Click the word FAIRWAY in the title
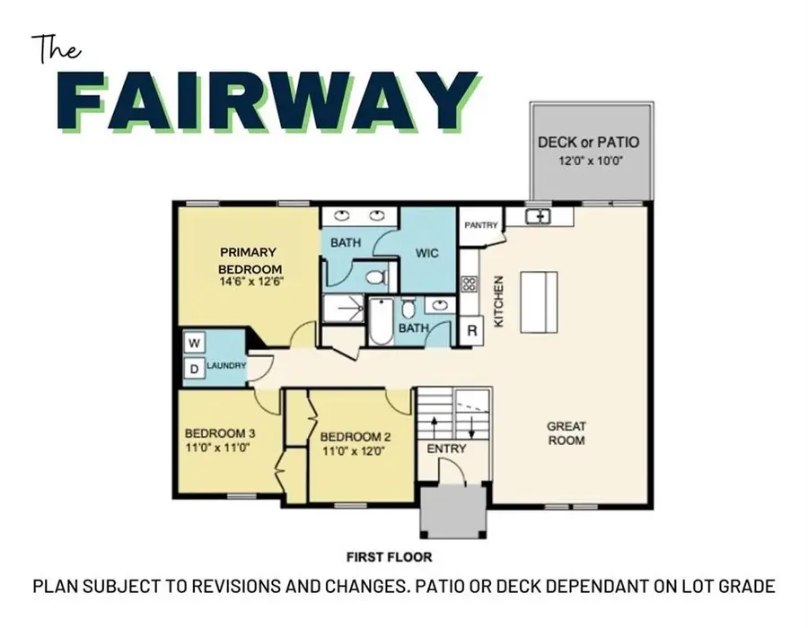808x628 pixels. click(273, 100)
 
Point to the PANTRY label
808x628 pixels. click(480, 225)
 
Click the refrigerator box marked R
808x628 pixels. click(472, 329)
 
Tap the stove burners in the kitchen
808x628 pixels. click(468, 284)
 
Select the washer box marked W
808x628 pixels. click(193, 343)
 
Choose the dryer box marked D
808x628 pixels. click(193, 368)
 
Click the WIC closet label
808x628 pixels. click(427, 253)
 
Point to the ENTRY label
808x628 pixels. click(445, 449)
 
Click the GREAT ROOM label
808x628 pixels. click(566, 433)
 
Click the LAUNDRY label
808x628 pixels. click(226, 366)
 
